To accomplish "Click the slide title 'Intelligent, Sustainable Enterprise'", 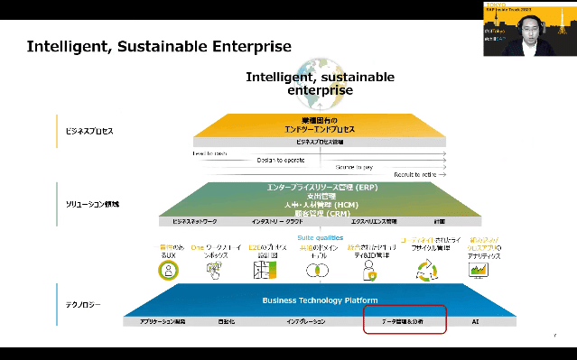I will (159, 46).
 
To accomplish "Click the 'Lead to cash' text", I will (209, 153).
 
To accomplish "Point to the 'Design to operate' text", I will (281, 160).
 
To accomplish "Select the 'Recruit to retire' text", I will (417, 174).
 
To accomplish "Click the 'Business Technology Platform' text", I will (320, 300).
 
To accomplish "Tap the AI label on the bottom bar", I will (475, 321).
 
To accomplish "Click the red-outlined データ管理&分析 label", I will (404, 321).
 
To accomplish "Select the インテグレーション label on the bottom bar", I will (307, 321).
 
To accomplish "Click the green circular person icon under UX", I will (167, 271).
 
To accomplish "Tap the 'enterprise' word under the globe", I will (320, 90).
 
